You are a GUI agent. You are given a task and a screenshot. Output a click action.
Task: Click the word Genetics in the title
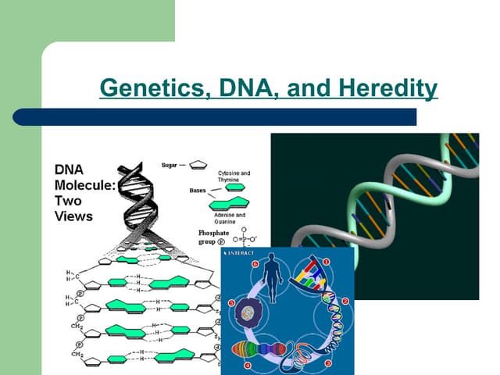pos(148,88)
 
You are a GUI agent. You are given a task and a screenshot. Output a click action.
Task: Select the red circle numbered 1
pos(327,262)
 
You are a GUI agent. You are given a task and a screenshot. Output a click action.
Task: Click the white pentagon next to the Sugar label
pos(199,166)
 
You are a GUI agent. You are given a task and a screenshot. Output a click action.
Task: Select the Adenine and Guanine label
pos(229,217)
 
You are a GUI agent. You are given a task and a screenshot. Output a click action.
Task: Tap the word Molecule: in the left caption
pos(84,185)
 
